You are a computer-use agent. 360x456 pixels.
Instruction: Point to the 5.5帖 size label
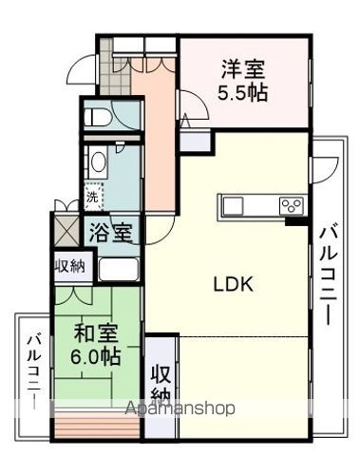click(244, 93)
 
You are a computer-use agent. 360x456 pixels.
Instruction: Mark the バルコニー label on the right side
click(327, 270)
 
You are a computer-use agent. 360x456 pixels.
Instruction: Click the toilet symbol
click(101, 119)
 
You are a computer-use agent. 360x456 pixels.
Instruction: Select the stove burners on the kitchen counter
click(291, 205)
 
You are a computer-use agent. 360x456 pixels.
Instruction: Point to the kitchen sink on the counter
click(234, 205)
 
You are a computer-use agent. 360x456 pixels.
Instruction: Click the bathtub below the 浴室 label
click(120, 266)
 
